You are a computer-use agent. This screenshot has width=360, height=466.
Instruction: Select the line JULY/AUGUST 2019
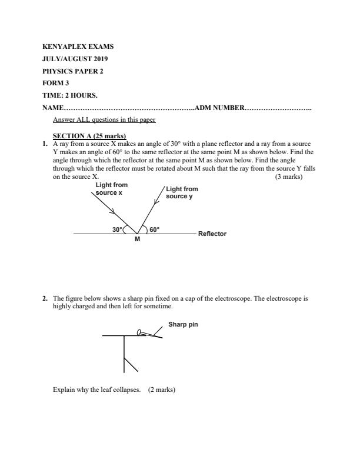click(x=75, y=59)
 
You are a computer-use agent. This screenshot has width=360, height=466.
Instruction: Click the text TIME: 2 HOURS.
click(x=69, y=95)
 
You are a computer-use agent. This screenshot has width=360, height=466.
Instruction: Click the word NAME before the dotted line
click(x=52, y=108)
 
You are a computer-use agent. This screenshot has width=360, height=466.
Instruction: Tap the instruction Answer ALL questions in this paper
click(x=104, y=119)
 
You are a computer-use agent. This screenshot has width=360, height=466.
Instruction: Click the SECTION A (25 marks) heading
click(x=89, y=137)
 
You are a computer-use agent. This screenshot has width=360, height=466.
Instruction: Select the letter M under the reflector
click(x=137, y=239)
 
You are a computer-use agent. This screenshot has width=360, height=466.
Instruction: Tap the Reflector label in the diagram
click(x=212, y=234)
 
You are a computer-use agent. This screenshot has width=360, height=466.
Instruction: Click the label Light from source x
click(x=112, y=189)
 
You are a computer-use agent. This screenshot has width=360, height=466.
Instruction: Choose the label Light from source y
click(x=182, y=192)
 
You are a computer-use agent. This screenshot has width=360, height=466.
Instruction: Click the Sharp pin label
click(x=183, y=324)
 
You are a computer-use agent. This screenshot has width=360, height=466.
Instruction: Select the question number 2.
click(x=45, y=298)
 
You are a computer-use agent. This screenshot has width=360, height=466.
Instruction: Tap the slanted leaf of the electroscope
click(x=131, y=364)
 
